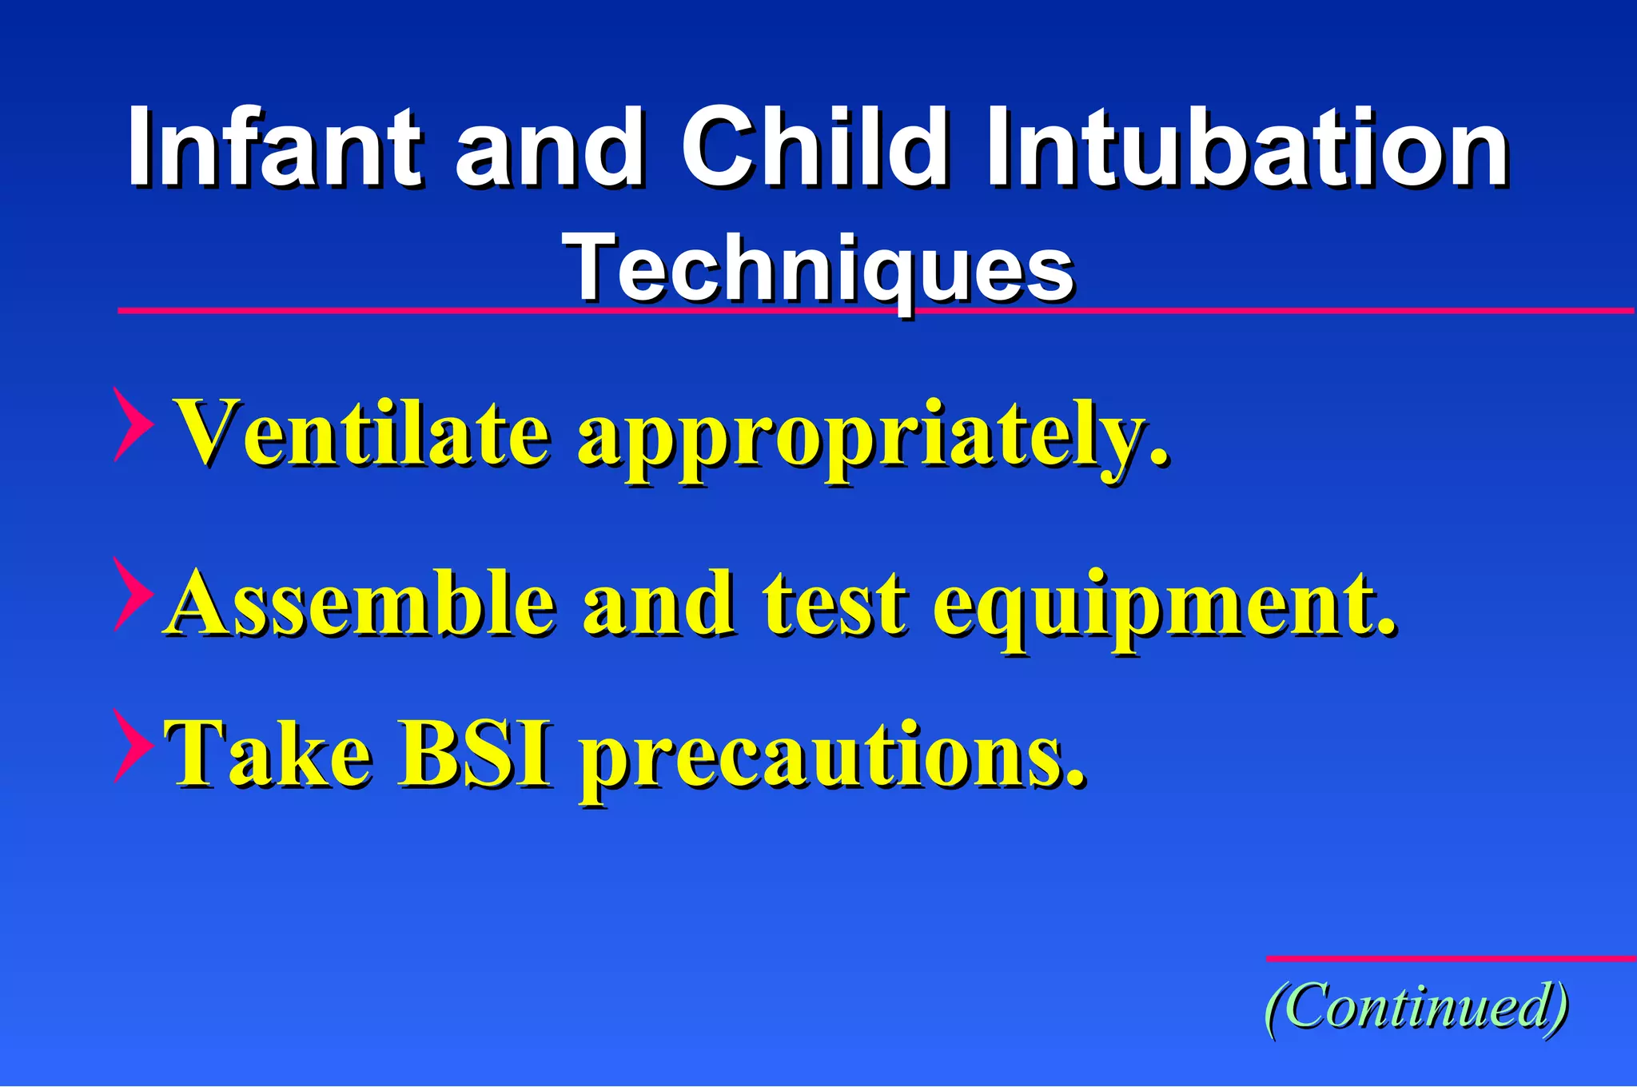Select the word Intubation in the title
pyautogui.click(x=1247, y=148)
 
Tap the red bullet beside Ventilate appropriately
pyautogui.click(x=131, y=424)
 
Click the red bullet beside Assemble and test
pyautogui.click(x=131, y=595)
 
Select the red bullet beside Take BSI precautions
pyautogui.click(x=131, y=745)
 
